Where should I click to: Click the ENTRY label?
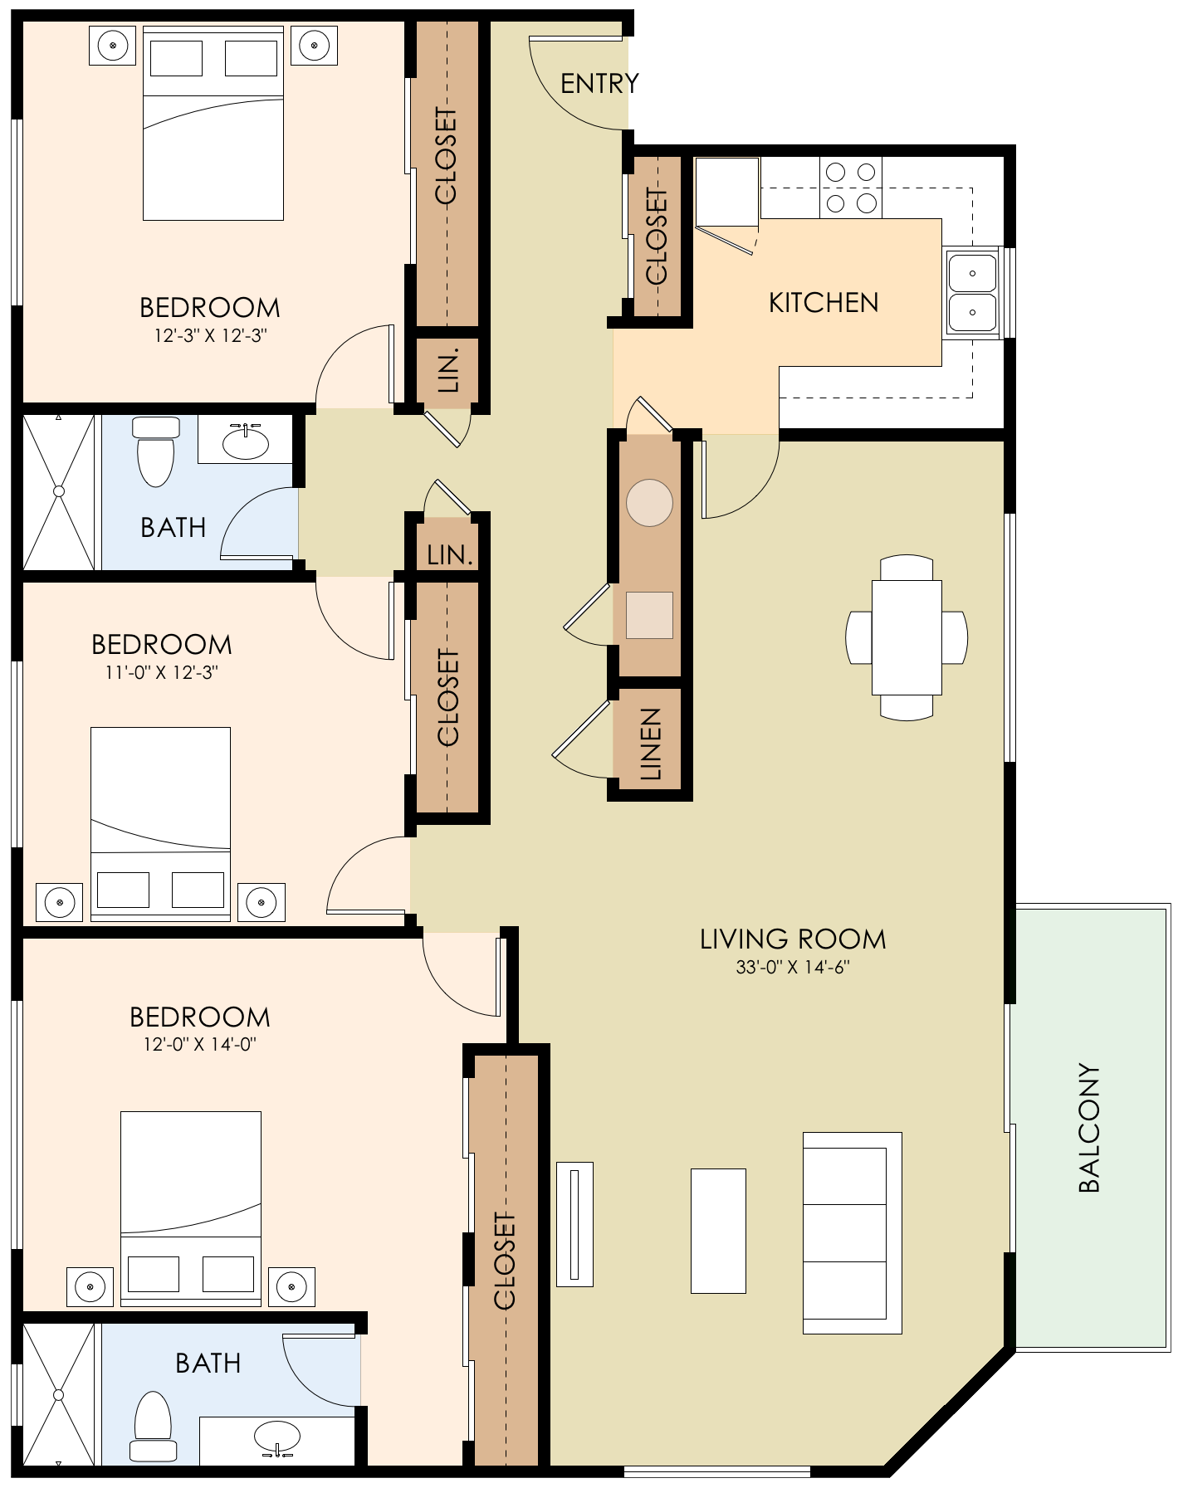pos(599,83)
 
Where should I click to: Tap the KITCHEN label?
pos(824,303)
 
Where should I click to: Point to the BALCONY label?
pos(1088,1128)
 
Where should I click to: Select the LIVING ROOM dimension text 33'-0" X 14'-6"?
pos(793,967)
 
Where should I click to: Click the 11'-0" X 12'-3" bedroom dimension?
pos(161,672)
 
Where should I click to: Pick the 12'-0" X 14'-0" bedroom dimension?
pos(199,1044)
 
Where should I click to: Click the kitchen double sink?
pos(973,293)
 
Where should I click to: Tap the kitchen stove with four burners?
pos(851,188)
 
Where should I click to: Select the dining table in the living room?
pos(907,637)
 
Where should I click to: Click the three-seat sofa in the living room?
pos(852,1233)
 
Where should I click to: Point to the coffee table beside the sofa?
pos(718,1231)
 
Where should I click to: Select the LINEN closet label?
pos(652,744)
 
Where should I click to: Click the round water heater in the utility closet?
pos(649,503)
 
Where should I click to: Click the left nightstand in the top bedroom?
pos(112,45)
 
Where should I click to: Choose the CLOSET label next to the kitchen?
pos(657,237)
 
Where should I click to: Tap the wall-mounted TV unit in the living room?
pos(574,1224)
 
